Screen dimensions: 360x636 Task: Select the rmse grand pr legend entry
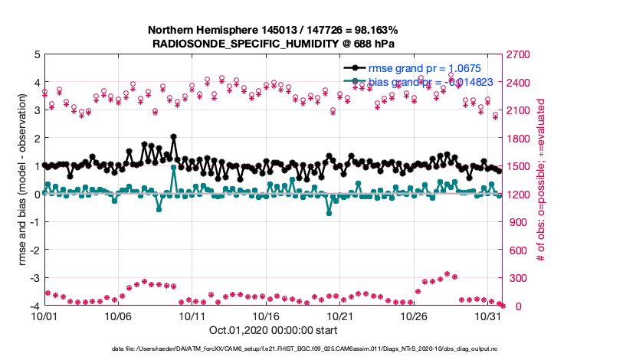[x=414, y=67]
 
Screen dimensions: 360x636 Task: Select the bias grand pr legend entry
[x=414, y=81]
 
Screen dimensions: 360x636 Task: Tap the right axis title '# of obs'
[x=540, y=180]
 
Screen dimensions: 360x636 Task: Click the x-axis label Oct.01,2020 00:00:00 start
[x=273, y=331]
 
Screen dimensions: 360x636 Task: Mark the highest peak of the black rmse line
[x=174, y=136]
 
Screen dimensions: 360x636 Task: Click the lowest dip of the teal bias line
[x=329, y=213]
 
